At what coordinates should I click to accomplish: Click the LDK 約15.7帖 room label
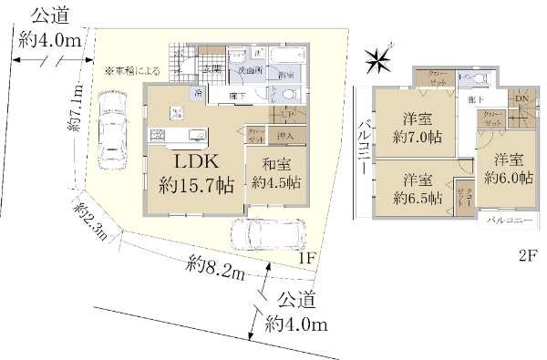click(x=197, y=172)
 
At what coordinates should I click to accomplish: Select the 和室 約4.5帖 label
click(x=275, y=173)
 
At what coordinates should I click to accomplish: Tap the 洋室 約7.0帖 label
click(x=417, y=127)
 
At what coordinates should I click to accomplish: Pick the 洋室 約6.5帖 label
click(x=418, y=187)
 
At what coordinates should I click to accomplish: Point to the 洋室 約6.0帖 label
click(x=508, y=169)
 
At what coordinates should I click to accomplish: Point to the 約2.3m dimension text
click(x=91, y=221)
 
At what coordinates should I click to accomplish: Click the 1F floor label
click(x=307, y=259)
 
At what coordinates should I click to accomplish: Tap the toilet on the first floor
click(x=289, y=94)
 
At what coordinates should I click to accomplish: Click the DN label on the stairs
click(x=522, y=98)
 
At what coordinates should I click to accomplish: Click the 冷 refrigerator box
click(x=198, y=93)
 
